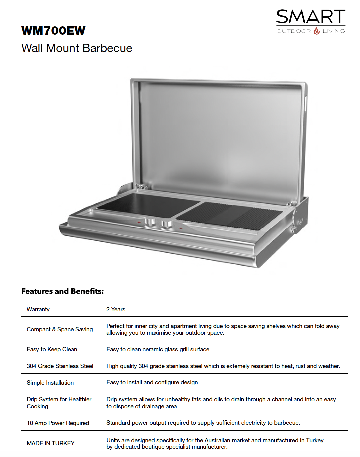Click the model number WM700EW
click(x=53, y=31)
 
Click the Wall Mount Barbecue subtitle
click(x=77, y=48)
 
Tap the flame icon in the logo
click(x=317, y=31)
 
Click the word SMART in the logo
click(x=311, y=17)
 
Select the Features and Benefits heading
click(x=62, y=291)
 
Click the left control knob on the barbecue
click(x=150, y=223)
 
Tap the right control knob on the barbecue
click(x=166, y=224)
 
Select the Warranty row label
click(x=38, y=309)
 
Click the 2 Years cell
click(x=116, y=309)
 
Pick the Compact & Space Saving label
click(x=60, y=329)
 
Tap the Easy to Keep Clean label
click(x=52, y=349)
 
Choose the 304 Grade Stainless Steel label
click(x=60, y=366)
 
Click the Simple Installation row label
click(x=50, y=383)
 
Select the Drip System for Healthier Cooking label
click(x=59, y=403)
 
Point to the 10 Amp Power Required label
click(x=58, y=423)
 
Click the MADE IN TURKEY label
click(x=50, y=443)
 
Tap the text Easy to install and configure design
click(x=153, y=382)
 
